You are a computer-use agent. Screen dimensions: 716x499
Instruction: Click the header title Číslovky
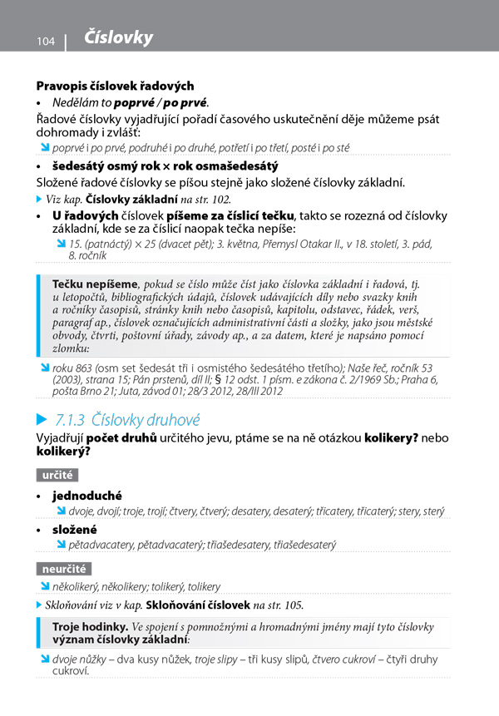(119, 38)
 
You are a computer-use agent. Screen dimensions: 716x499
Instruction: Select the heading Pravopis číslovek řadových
(115, 86)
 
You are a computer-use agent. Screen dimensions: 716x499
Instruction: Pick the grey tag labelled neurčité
(63, 569)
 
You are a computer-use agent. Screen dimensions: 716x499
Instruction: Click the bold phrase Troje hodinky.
(90, 625)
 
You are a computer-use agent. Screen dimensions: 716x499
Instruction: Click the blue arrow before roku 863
(45, 367)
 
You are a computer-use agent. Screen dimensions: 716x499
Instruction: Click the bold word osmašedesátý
(234, 165)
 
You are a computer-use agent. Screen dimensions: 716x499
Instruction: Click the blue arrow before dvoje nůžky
(45, 659)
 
